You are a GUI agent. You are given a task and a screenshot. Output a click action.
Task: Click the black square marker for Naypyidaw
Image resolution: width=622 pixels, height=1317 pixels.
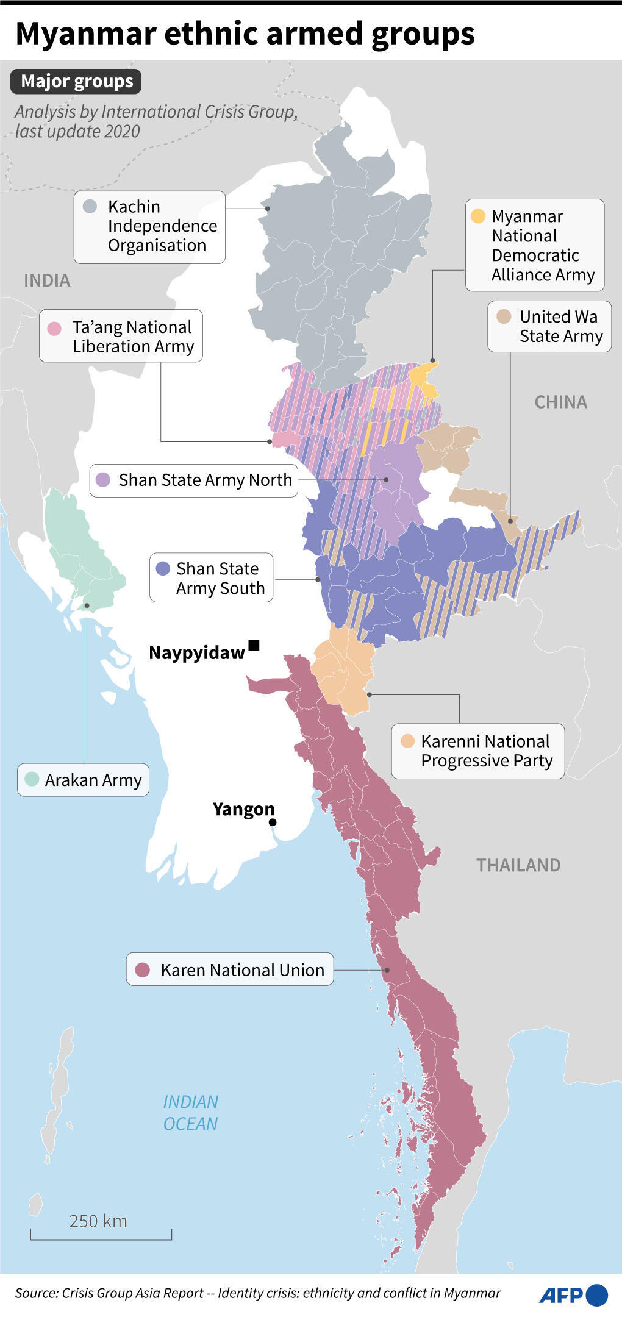coord(254,645)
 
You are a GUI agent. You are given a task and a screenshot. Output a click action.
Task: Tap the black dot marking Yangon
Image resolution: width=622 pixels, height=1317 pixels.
coord(273,823)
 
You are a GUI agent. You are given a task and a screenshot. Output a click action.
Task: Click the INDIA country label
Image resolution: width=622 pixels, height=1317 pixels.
coord(47,280)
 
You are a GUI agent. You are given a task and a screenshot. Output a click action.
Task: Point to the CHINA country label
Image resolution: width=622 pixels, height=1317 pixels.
coord(560,402)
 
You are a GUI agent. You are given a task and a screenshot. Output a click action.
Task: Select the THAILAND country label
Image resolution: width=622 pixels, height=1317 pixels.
coord(518,865)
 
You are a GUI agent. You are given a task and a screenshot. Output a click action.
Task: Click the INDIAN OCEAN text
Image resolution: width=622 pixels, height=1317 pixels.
coord(190,1113)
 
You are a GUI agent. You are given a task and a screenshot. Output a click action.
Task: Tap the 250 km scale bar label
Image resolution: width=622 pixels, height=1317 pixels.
coord(98,1221)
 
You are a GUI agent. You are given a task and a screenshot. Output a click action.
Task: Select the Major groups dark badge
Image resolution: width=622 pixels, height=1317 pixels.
coord(76,82)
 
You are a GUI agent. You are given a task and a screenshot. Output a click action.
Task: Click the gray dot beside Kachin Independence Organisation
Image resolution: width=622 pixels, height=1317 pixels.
coord(90,206)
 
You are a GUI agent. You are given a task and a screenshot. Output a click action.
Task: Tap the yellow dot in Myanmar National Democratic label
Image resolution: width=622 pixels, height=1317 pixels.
coord(478,216)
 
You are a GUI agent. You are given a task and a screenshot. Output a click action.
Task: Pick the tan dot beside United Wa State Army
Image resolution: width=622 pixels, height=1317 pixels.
coord(504,316)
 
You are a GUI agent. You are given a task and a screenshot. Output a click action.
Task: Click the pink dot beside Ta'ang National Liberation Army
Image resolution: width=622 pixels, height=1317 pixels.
coord(54,328)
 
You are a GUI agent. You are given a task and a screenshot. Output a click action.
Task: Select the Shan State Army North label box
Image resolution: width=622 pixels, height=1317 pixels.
coord(194,480)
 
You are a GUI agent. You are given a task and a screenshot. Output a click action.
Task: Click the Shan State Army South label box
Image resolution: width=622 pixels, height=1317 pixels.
coord(212,578)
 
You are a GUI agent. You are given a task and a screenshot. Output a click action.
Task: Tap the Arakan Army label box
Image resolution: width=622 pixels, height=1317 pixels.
coord(84,780)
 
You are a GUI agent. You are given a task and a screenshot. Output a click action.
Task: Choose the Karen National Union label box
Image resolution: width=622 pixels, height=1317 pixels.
coord(230,969)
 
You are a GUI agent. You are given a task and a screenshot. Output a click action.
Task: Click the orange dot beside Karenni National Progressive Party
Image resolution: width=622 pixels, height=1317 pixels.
coord(407,741)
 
